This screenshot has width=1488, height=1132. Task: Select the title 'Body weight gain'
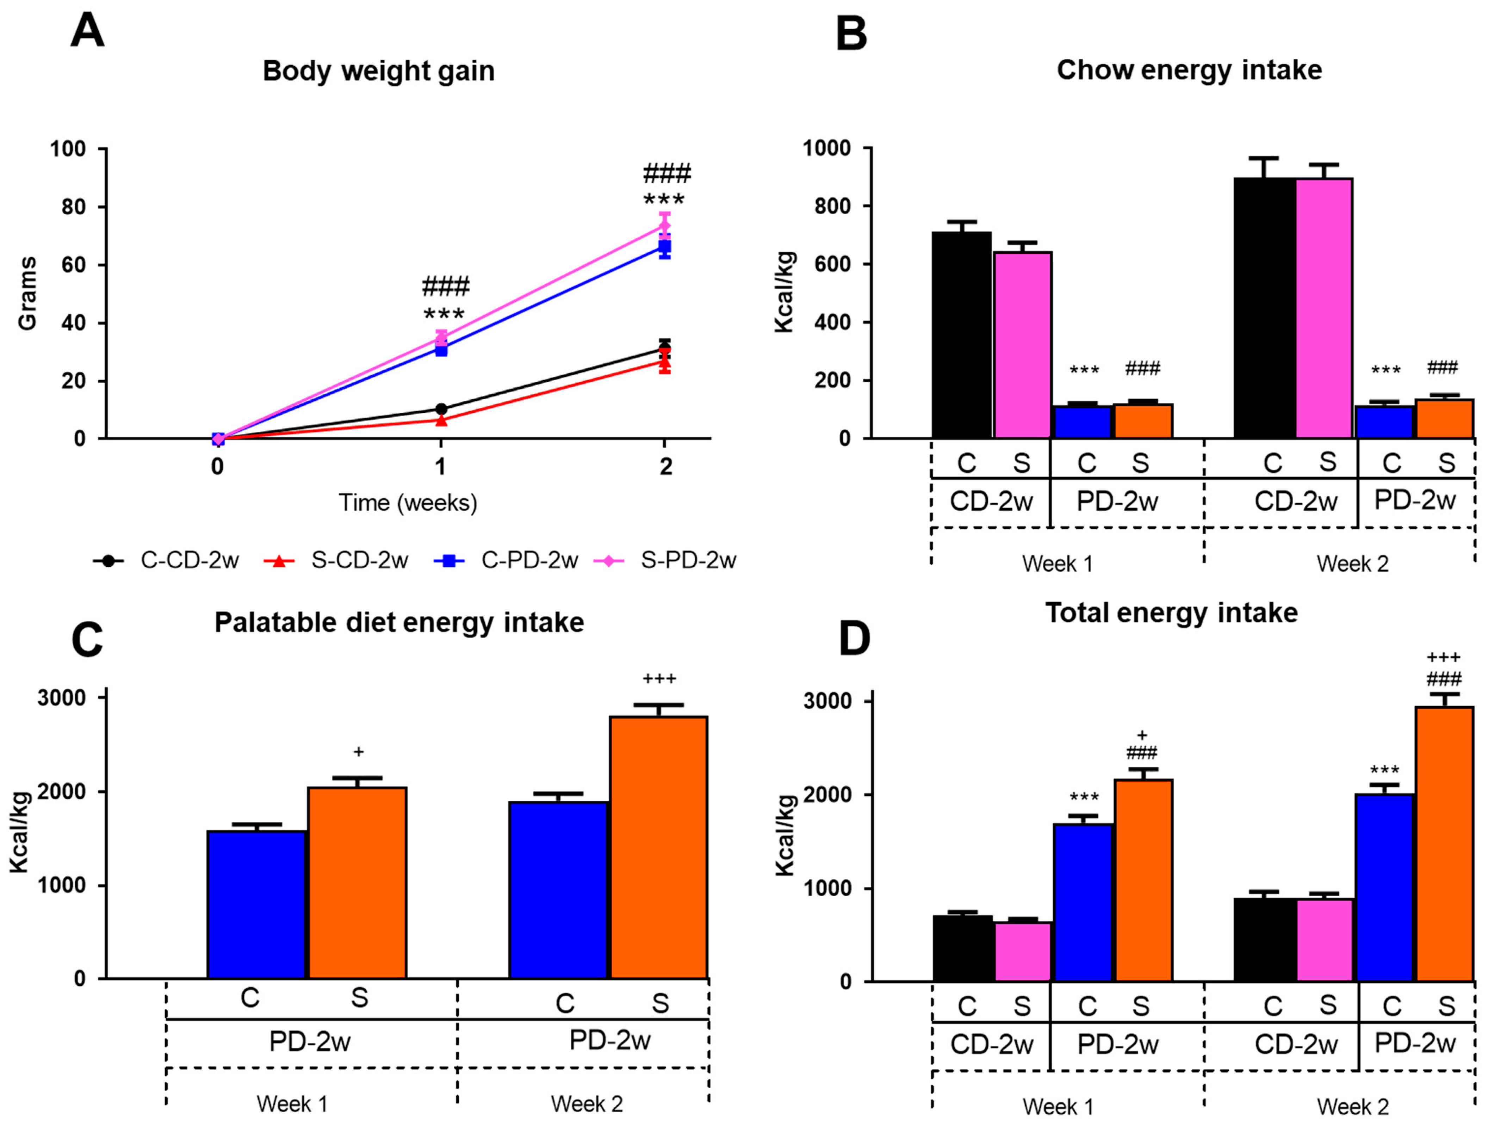(379, 71)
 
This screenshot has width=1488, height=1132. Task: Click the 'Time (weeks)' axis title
(408, 503)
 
